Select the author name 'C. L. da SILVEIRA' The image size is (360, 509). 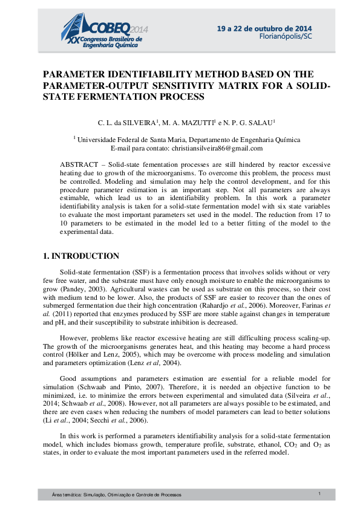(x=126, y=123)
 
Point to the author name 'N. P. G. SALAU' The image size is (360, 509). (x=249, y=123)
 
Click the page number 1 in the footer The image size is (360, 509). (x=319, y=494)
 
